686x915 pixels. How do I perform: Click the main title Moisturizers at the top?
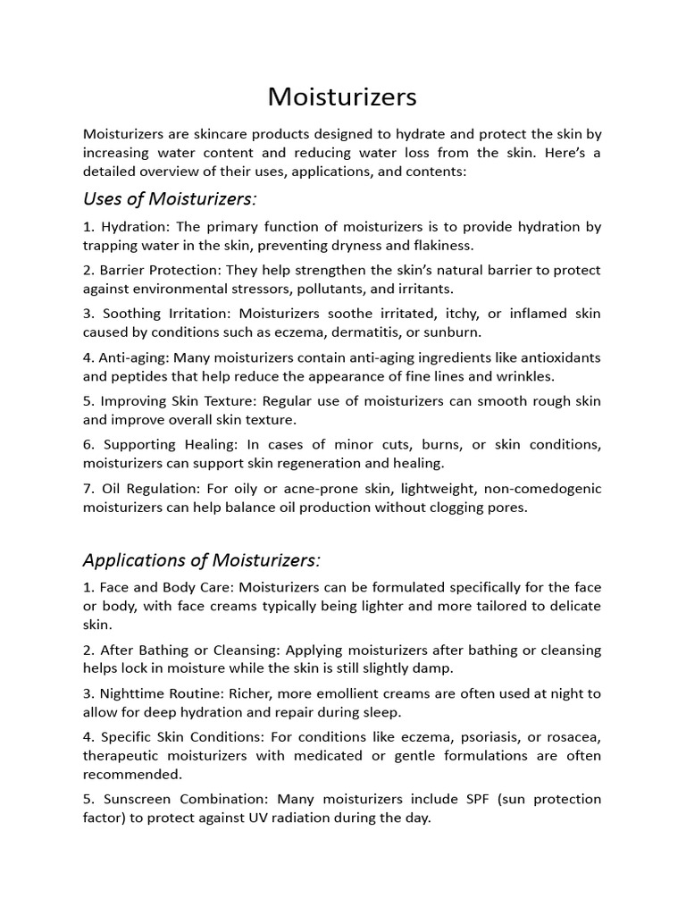[342, 96]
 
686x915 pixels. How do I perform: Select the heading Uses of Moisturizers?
[170, 197]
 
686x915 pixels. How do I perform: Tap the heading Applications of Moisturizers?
[201, 560]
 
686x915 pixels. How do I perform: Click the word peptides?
[141, 375]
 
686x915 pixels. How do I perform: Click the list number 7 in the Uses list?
[88, 488]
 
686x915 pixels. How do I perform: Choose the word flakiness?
[440, 244]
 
